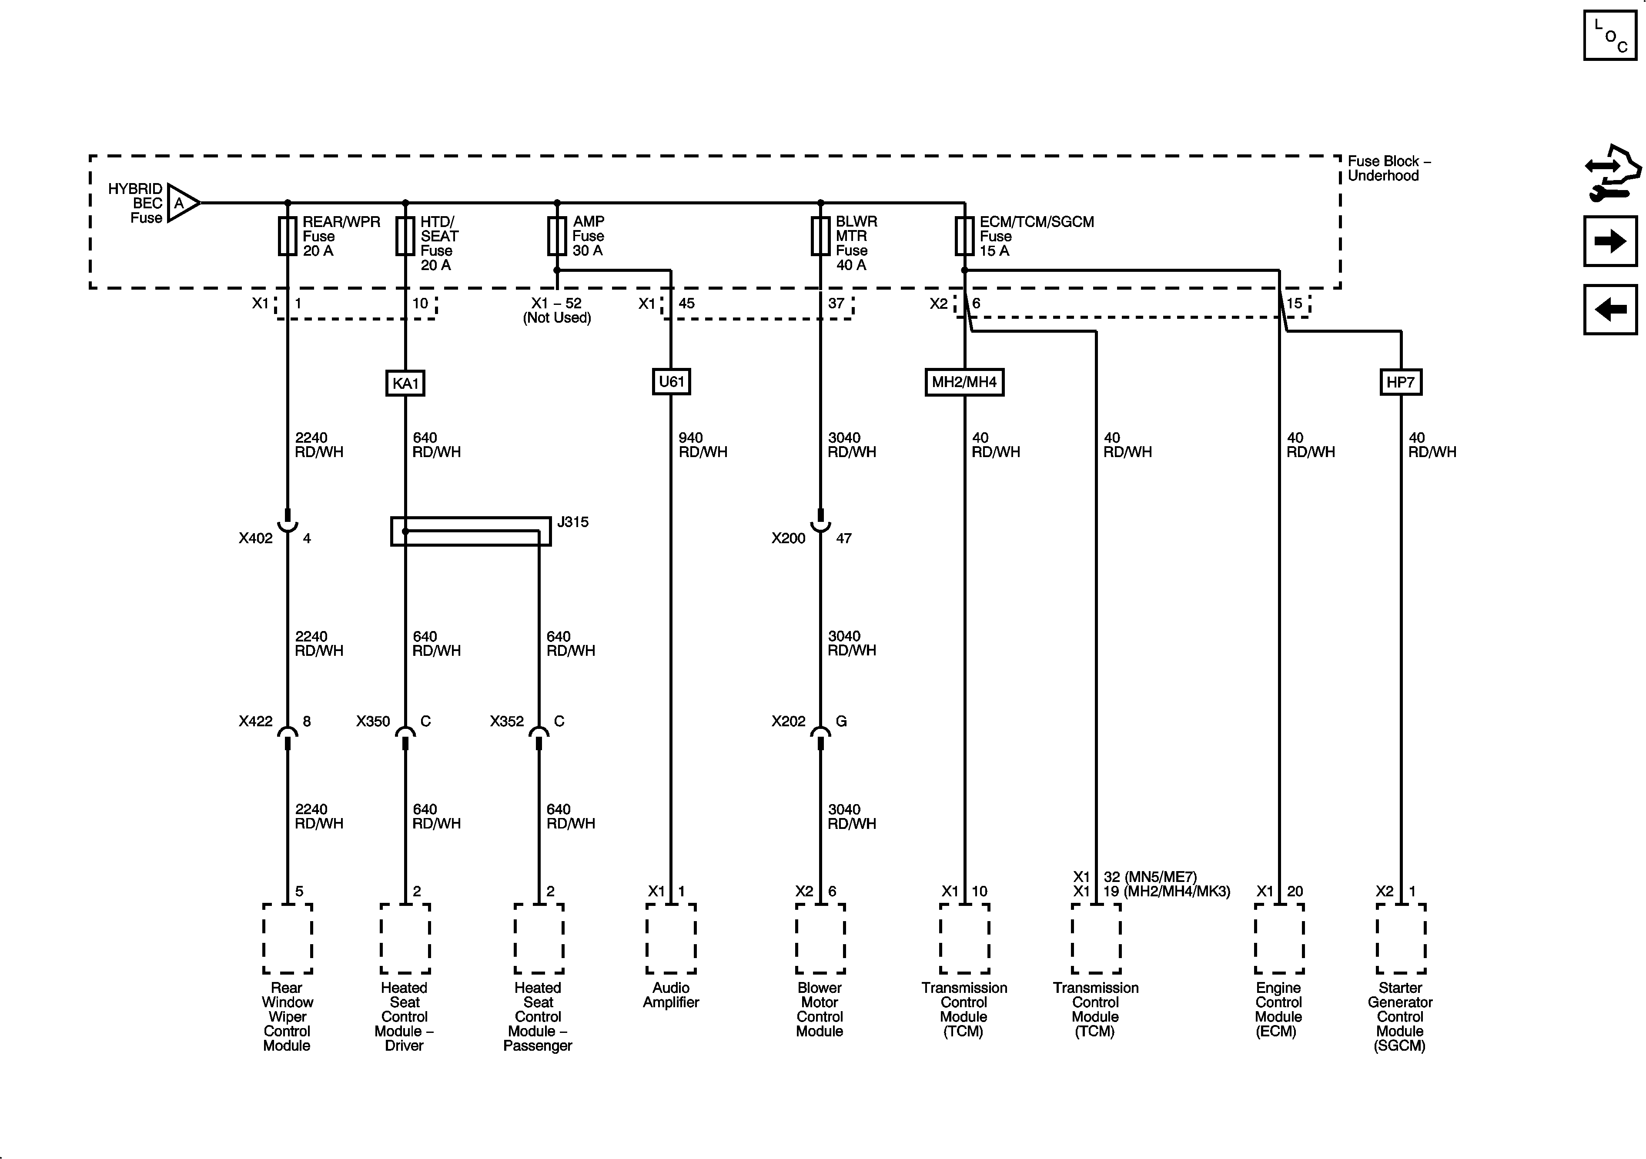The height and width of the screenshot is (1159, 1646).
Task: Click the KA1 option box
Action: [x=405, y=384]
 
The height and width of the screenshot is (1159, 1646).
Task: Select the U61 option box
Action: [x=671, y=381]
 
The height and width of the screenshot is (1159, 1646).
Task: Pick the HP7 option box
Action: [x=1400, y=382]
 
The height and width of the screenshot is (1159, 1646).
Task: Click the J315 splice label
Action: [x=573, y=522]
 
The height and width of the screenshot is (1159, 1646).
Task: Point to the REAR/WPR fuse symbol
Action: [x=288, y=237]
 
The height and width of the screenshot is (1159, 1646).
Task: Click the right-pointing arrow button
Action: [x=1610, y=241]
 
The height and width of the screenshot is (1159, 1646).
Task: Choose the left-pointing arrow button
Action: [x=1610, y=310]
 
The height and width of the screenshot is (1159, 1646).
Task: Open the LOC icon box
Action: [x=1610, y=35]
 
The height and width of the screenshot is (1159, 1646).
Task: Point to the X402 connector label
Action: [x=256, y=538]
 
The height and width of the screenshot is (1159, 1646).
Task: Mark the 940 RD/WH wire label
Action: [x=703, y=445]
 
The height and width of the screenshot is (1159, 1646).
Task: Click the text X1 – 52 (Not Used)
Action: [x=557, y=311]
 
